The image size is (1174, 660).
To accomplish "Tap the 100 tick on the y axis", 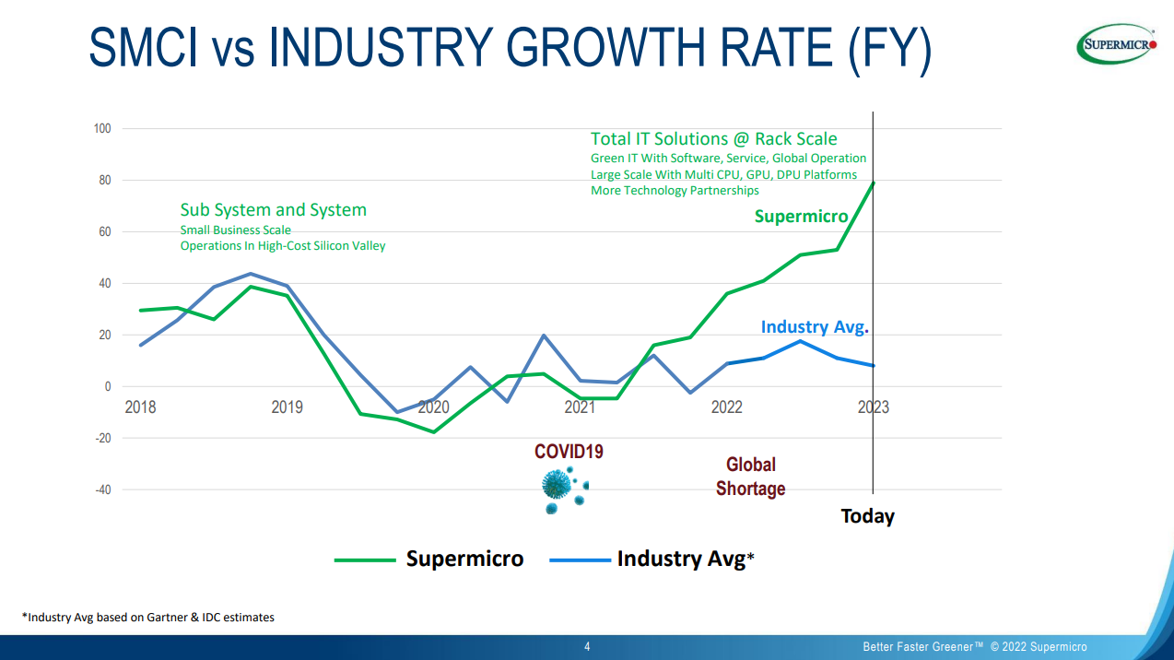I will coord(102,129).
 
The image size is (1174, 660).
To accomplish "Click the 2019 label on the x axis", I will coord(287,407).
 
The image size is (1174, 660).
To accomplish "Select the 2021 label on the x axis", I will coord(580,407).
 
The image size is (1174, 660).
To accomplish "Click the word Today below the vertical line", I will coord(867,516).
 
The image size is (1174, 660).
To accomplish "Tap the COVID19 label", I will coord(569,452).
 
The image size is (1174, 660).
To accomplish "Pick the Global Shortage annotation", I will coord(751,477).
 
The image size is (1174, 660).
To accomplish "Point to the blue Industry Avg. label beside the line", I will coord(815,327).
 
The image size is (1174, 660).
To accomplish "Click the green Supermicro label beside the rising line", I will coord(801,217).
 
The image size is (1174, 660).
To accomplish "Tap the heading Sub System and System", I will coord(273,210).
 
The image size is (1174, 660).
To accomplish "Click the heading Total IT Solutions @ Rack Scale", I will coord(713,139).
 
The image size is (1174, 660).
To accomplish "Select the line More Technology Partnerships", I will coord(675,191).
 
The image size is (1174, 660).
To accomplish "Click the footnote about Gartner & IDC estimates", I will coord(148,618).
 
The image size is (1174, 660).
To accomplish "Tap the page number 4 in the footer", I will coord(587,646).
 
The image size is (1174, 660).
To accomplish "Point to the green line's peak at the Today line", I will coord(873,183).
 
